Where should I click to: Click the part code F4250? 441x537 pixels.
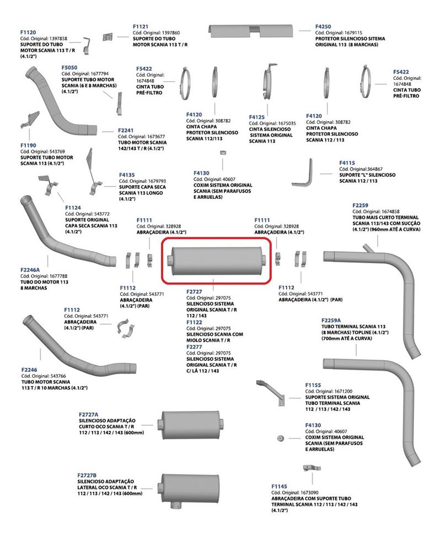click(323, 26)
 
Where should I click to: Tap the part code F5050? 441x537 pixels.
click(70, 67)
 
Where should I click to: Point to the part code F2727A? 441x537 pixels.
click(88, 414)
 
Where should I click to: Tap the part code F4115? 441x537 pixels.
click(347, 163)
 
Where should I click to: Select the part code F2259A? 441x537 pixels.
click(331, 320)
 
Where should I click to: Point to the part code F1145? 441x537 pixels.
click(279, 486)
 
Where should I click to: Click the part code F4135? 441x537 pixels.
click(127, 175)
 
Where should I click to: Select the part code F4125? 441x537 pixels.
click(257, 117)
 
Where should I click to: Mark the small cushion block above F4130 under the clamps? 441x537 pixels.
click(223, 153)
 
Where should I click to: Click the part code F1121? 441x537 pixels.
click(141, 26)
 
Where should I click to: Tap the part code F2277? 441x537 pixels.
click(195, 347)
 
